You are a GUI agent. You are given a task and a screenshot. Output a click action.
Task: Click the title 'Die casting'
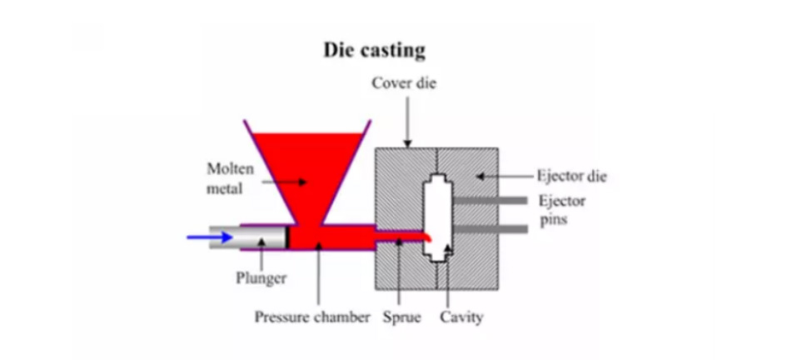[374, 49]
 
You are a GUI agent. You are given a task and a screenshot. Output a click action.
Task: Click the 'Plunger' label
[261, 277]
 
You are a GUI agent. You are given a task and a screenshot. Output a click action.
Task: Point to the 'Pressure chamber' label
[312, 317]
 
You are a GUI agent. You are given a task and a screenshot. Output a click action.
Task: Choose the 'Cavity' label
[461, 317]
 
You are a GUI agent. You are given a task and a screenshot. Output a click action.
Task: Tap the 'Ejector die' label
[572, 176]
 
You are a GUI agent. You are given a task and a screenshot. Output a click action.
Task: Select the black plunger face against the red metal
[289, 237]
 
